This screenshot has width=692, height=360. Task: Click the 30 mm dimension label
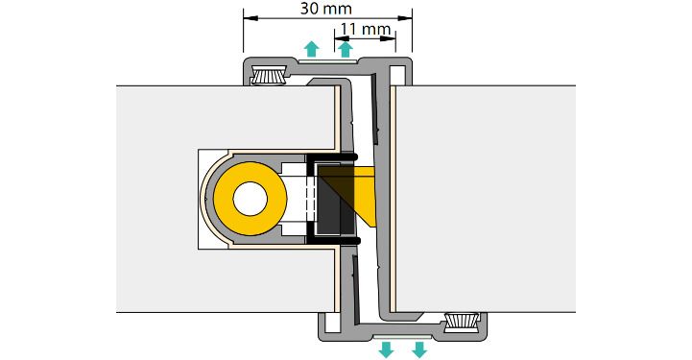(326, 9)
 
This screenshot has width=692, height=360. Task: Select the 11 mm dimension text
(366, 30)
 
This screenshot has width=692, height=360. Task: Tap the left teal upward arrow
(312, 49)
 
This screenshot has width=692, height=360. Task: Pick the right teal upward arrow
(346, 49)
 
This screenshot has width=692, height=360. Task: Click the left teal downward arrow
(386, 349)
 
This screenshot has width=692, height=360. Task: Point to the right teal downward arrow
(419, 349)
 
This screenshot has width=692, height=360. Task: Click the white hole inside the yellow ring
(251, 199)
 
